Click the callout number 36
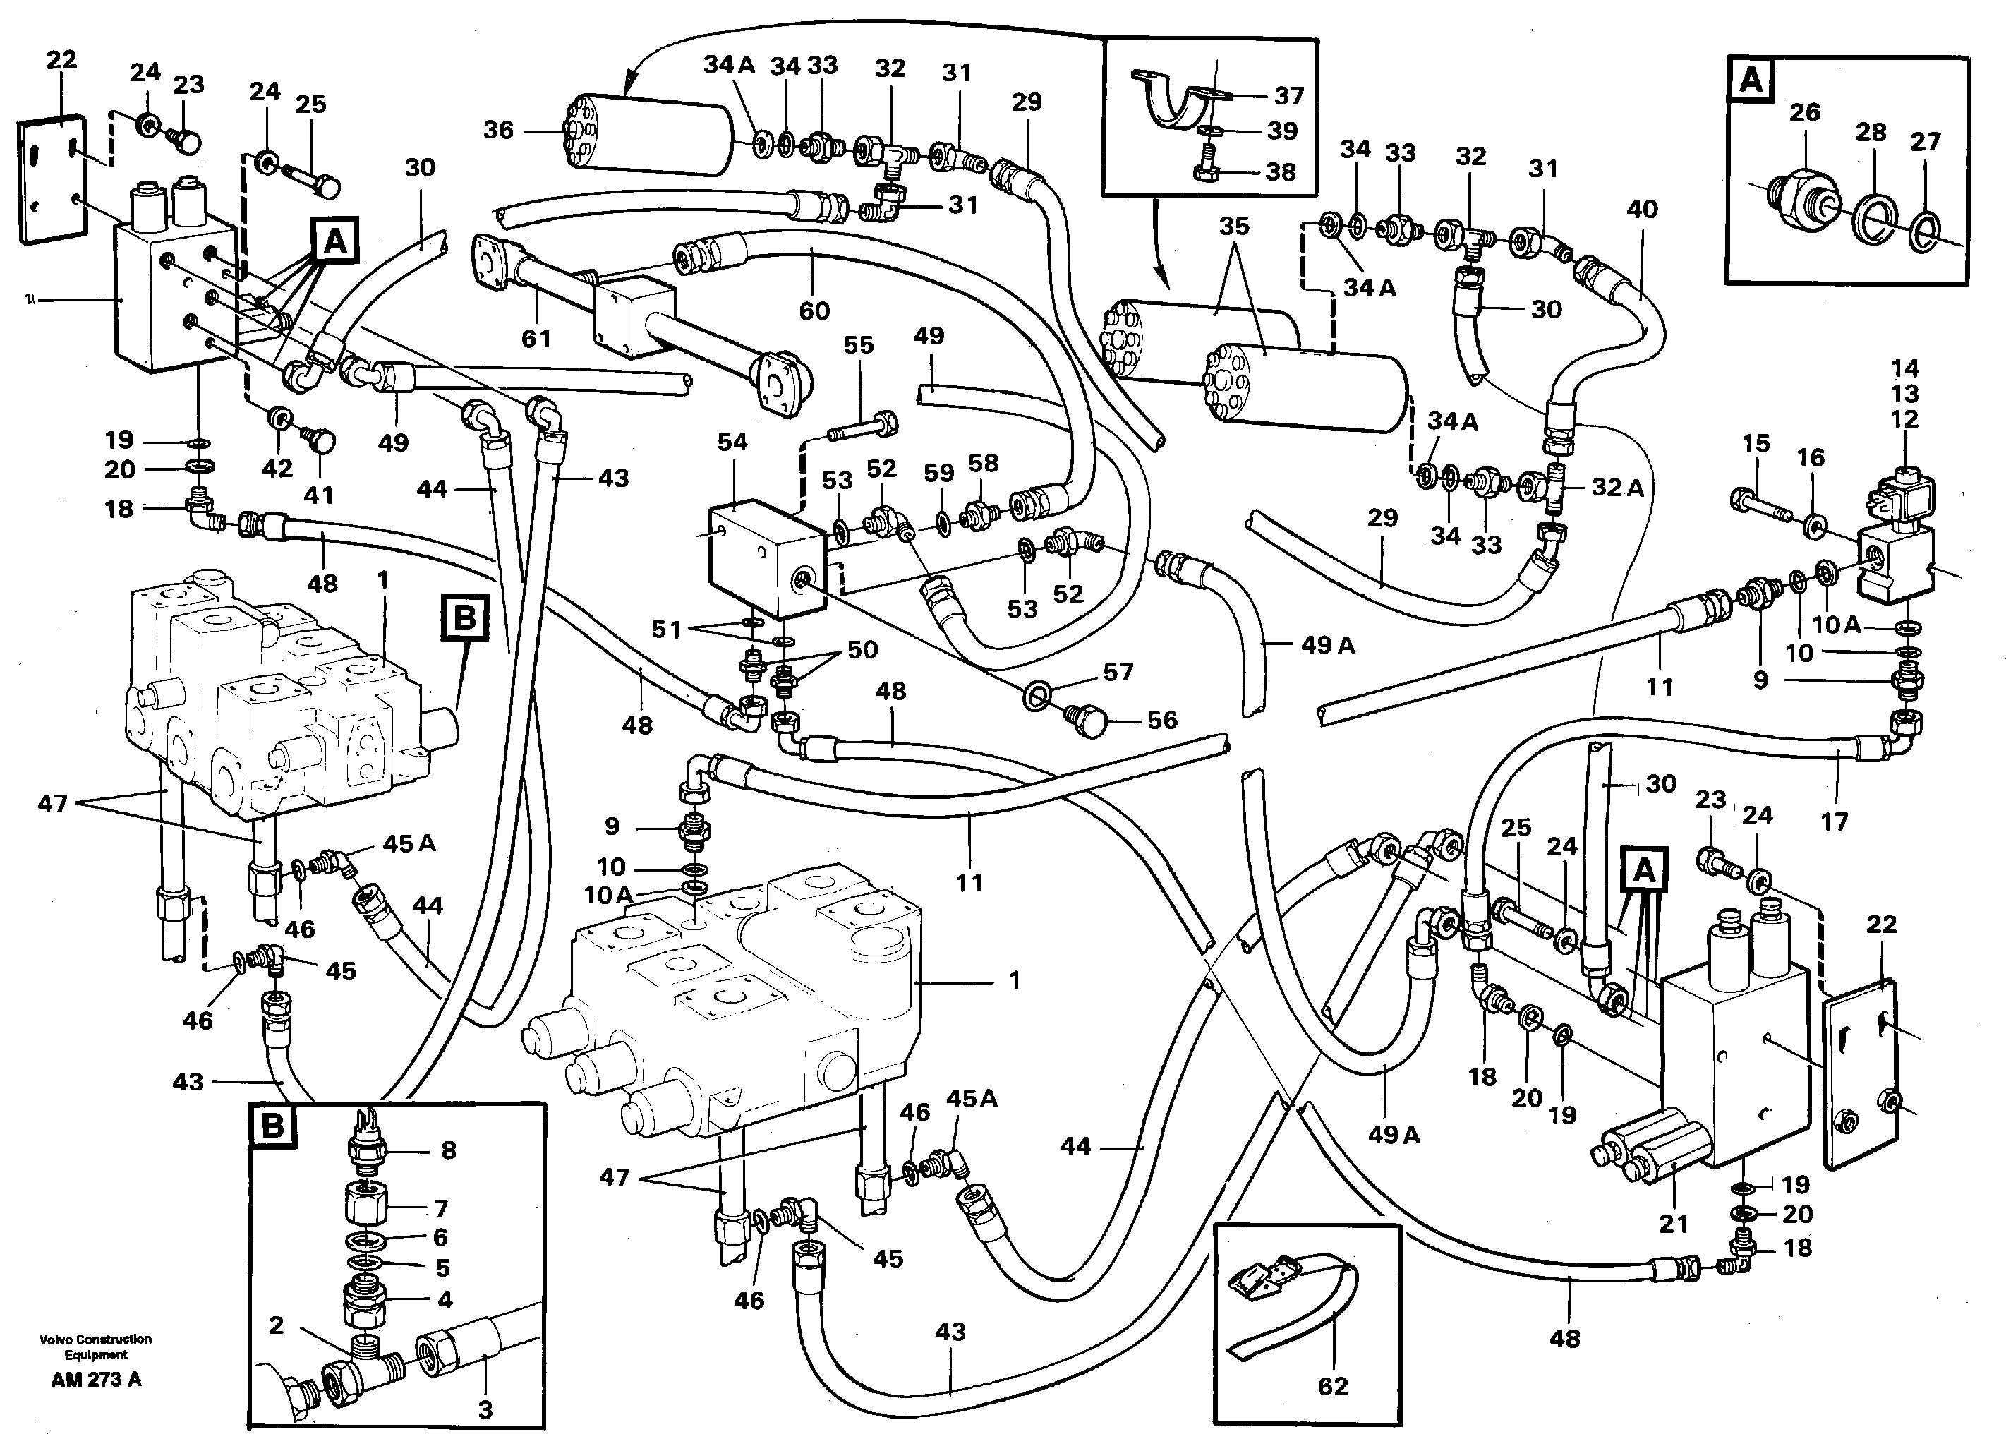pos(498,131)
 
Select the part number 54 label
pos(732,442)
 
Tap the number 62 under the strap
pos(1333,1386)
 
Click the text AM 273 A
pos(95,1380)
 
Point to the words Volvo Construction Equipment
pos(95,1346)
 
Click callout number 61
pos(536,339)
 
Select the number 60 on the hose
pos(814,311)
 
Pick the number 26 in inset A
pos(1804,112)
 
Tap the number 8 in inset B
pos(449,1150)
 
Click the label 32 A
pos(1618,488)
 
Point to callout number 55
pos(858,345)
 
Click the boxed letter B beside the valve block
pos(465,618)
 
